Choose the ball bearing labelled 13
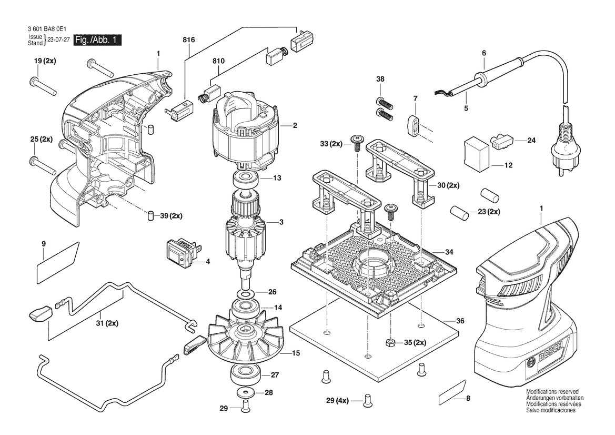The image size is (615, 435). tap(245, 178)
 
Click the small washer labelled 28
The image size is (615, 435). tap(245, 392)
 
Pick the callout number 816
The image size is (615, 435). tap(189, 40)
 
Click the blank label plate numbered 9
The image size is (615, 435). tap(57, 262)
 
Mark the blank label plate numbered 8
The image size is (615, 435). tap(452, 392)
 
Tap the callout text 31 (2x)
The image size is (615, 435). tap(106, 323)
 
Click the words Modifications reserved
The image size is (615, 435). tap(552, 392)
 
